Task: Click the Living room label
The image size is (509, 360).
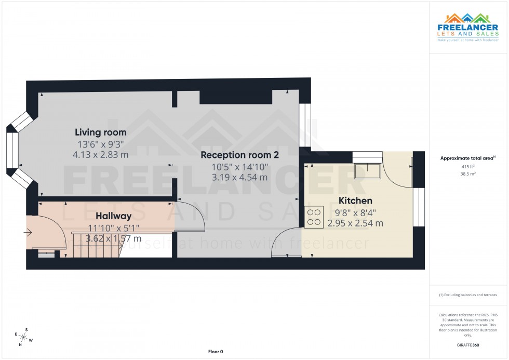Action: pyautogui.click(x=100, y=132)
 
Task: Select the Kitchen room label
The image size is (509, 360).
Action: pyautogui.click(x=355, y=201)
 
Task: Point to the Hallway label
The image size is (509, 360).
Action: pyautogui.click(x=113, y=216)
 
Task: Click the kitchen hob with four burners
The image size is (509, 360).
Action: pyautogui.click(x=314, y=217)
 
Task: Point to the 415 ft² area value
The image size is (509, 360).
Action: pyautogui.click(x=468, y=167)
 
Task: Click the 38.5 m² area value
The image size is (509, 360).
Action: pyautogui.click(x=468, y=175)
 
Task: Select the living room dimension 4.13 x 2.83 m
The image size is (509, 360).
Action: pyautogui.click(x=101, y=154)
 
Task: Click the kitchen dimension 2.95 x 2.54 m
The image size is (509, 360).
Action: pyautogui.click(x=355, y=223)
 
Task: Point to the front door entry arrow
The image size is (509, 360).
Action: pyautogui.click(x=28, y=233)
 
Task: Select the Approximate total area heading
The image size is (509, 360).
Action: pyautogui.click(x=467, y=158)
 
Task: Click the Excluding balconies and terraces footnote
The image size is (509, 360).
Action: pyautogui.click(x=468, y=295)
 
